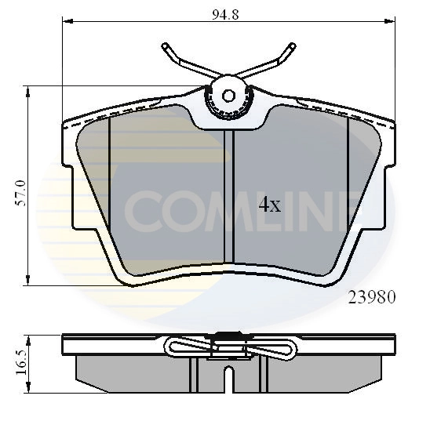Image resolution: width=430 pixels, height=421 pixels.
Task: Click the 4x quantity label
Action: [x=269, y=205]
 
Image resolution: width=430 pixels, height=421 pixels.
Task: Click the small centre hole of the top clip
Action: [x=228, y=96]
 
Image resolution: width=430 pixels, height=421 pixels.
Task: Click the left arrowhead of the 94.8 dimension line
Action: [x=66, y=24]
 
